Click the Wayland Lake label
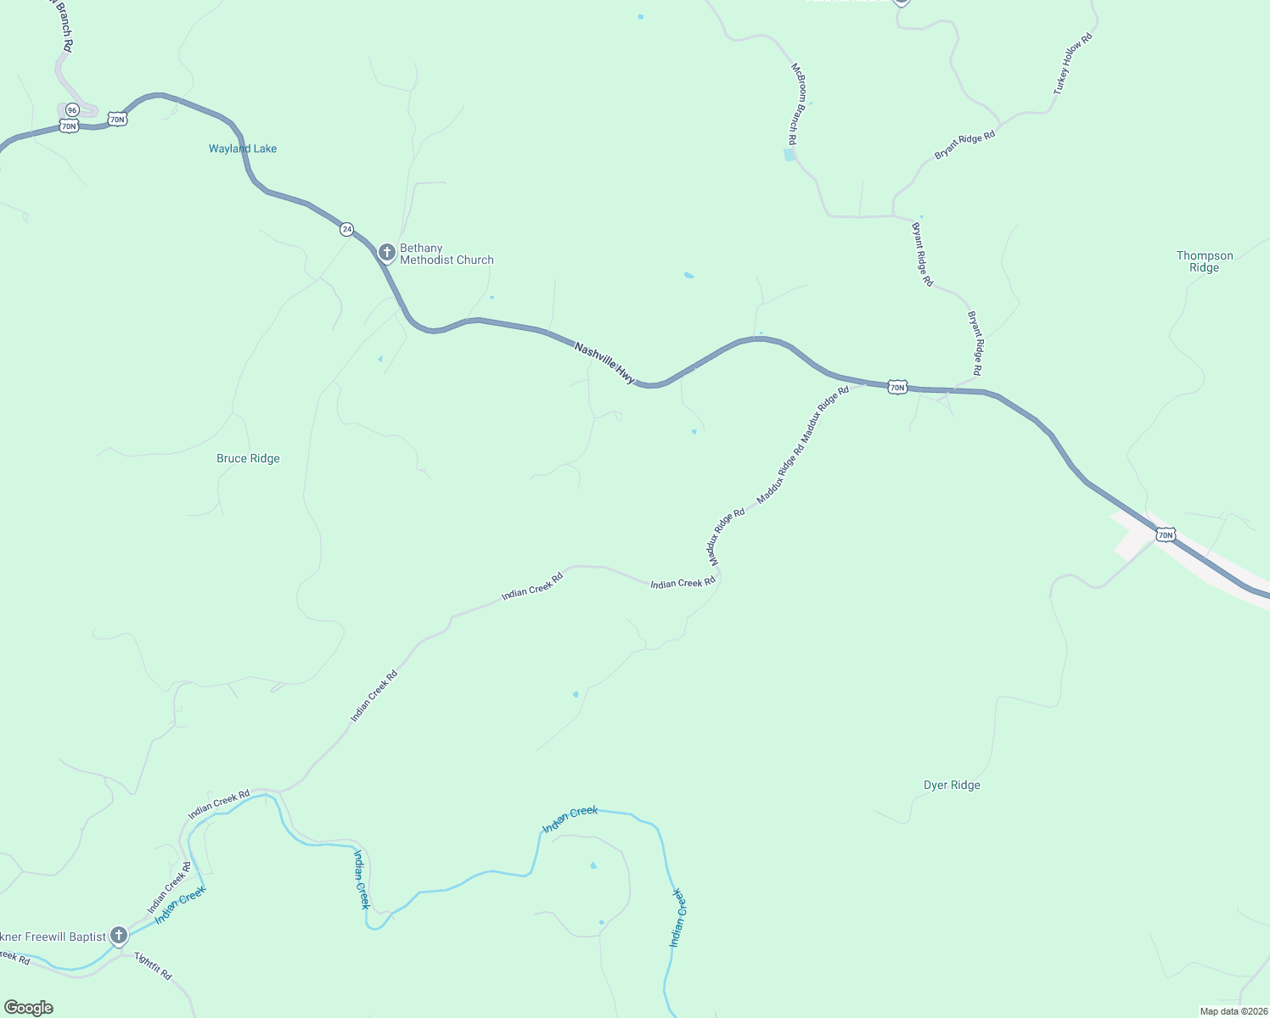click(243, 148)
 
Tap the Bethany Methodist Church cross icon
click(386, 252)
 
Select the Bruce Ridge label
click(248, 458)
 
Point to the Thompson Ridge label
click(1204, 261)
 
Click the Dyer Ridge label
click(952, 785)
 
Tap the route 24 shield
click(346, 229)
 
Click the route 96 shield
click(72, 109)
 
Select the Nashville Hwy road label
click(604, 363)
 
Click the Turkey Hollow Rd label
click(1073, 64)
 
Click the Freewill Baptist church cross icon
click(119, 936)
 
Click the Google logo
click(29, 1008)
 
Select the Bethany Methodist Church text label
click(447, 254)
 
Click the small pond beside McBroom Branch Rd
click(790, 155)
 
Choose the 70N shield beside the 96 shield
click(70, 126)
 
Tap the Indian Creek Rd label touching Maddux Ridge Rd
click(683, 584)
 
